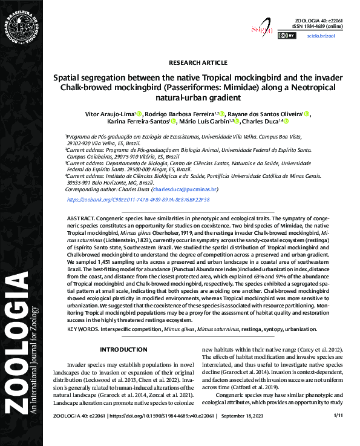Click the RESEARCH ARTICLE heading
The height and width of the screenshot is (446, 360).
click(197, 62)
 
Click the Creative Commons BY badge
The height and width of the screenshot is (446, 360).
click(287, 36)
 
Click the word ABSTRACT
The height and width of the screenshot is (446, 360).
click(80, 217)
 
